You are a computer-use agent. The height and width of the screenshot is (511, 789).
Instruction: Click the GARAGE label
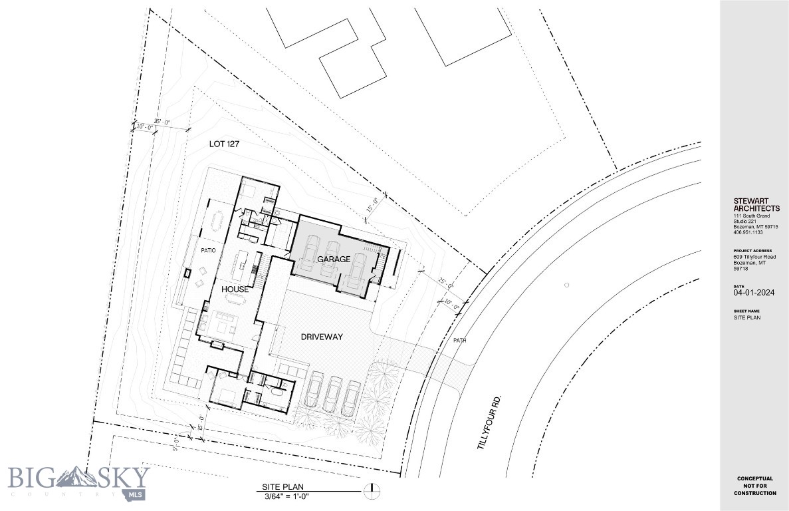333,259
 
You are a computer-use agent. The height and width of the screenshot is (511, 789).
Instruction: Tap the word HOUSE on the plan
235,289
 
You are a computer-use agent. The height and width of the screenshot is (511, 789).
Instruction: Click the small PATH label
459,340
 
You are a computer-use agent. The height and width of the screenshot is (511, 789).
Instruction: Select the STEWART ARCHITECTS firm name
756,204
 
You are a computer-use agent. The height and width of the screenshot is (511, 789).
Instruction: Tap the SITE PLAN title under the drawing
283,486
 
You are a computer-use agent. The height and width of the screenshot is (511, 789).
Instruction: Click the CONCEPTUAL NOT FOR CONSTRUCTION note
754,486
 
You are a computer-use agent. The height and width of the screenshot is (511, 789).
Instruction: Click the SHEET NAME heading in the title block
746,311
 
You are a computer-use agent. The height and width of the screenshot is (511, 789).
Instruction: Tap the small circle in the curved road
567,285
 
